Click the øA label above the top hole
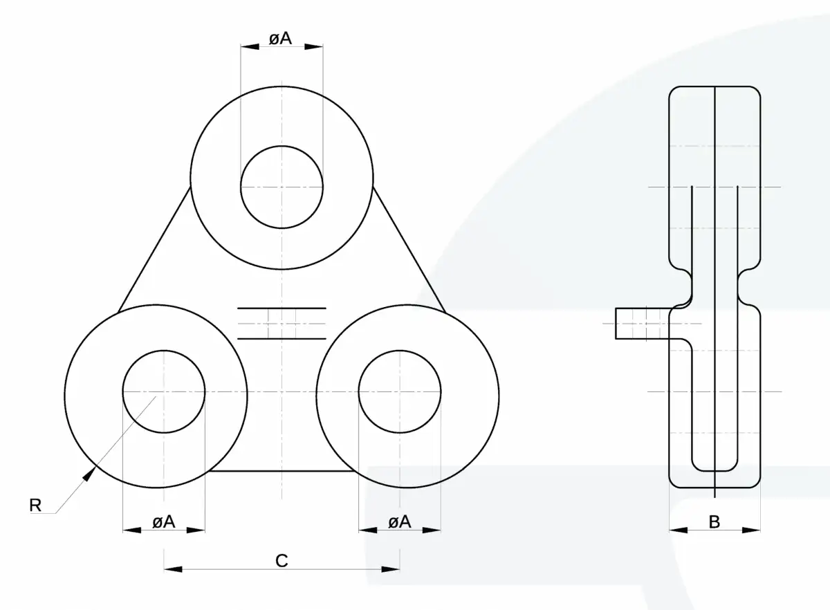tap(281, 39)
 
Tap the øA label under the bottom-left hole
tap(164, 522)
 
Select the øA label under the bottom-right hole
tap(400, 522)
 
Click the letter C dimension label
tap(282, 561)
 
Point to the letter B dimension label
tap(714, 522)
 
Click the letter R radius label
tap(35, 506)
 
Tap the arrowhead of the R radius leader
tap(89, 473)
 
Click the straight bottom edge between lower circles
tap(282, 471)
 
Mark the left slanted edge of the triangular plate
tap(154, 250)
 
